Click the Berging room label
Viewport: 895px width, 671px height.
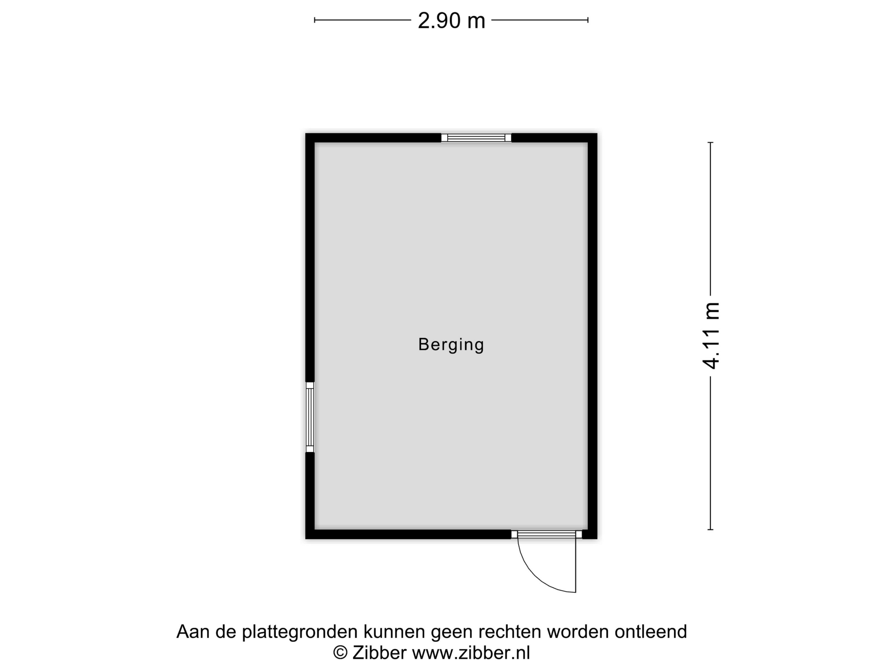tap(451, 344)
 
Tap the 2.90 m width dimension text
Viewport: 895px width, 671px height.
tap(451, 21)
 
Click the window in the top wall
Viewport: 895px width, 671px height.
tap(476, 137)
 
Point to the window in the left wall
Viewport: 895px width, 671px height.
tap(309, 417)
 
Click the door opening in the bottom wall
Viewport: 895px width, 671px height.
tap(547, 534)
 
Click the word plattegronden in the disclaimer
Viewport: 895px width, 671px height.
tap(300, 632)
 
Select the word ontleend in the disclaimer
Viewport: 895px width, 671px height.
tap(650, 632)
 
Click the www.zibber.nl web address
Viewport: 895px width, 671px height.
tap(471, 653)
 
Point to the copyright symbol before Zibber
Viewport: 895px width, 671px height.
tap(340, 653)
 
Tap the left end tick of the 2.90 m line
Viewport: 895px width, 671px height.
tap(315, 20)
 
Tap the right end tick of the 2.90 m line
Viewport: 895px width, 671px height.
tap(588, 20)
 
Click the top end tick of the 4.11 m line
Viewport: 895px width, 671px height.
tap(710, 143)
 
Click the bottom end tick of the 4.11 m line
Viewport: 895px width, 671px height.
tap(710, 529)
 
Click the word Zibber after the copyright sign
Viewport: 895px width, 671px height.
tap(379, 653)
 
